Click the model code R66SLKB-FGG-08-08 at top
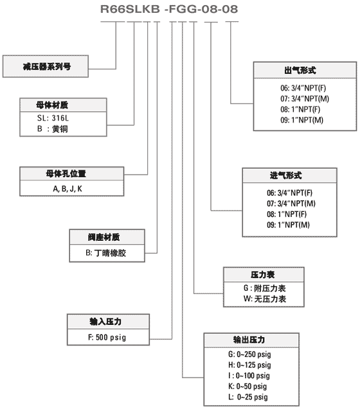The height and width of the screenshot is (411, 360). (x=169, y=9)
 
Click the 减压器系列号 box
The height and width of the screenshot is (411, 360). (x=46, y=66)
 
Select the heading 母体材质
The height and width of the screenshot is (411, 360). (x=52, y=105)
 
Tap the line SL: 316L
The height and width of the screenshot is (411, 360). (x=53, y=118)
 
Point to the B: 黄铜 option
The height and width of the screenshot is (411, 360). (x=53, y=129)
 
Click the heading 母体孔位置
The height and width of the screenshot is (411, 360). (x=66, y=173)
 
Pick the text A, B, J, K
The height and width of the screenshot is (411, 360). (x=67, y=189)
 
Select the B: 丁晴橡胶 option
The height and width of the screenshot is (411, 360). (x=105, y=253)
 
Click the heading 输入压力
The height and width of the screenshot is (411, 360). (x=105, y=321)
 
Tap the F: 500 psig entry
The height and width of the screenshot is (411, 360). (x=107, y=337)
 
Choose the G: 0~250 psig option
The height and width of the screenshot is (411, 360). (x=249, y=354)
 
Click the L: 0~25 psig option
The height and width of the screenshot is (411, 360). (x=248, y=397)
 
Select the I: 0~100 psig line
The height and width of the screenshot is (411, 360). (x=249, y=376)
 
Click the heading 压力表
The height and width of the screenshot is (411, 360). (x=263, y=275)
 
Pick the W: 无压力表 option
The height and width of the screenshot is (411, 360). (x=265, y=299)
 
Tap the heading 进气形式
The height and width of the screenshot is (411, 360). (x=285, y=175)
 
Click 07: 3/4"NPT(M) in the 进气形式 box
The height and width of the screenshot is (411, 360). (x=291, y=204)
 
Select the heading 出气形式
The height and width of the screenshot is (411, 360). (x=300, y=70)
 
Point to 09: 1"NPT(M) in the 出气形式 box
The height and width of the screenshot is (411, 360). (x=301, y=120)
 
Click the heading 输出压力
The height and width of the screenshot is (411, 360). (x=249, y=340)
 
